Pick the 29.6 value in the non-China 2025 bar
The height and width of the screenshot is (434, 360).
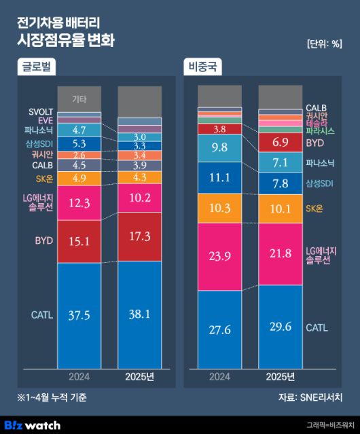coord(279,327)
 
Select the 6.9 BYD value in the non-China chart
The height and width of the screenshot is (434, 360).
coord(279,143)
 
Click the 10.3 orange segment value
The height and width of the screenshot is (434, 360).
coord(219,208)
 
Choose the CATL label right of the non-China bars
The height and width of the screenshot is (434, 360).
coord(317,327)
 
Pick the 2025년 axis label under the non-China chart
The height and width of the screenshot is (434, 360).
coord(279,377)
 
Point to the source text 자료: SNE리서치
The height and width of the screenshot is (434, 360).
coord(309,397)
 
